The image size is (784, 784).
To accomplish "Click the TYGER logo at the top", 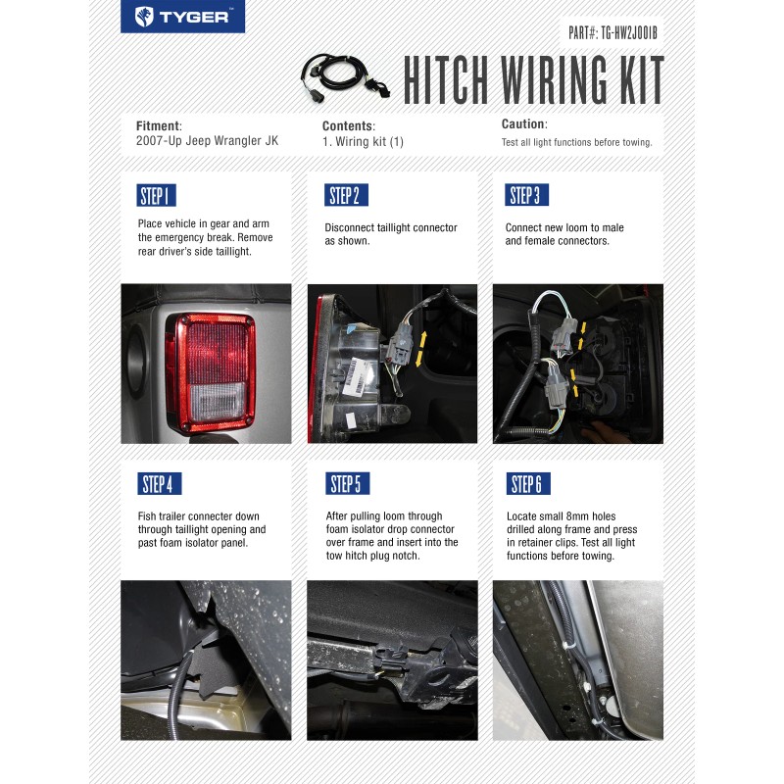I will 183,17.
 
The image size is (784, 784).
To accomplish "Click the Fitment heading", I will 159,125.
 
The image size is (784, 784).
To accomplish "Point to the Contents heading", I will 348,125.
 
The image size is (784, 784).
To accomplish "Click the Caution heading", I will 523,124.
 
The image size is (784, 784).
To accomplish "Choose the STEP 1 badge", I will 156,195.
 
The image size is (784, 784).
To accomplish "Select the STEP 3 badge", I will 524,195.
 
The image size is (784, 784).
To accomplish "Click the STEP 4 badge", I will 159,483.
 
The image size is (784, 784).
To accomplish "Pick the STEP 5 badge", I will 346,483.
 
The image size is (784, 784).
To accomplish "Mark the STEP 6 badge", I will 526,483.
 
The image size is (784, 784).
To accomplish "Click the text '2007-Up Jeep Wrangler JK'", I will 207,141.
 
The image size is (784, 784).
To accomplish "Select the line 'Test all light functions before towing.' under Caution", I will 576,142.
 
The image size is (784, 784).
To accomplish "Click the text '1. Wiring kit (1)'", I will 363,141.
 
